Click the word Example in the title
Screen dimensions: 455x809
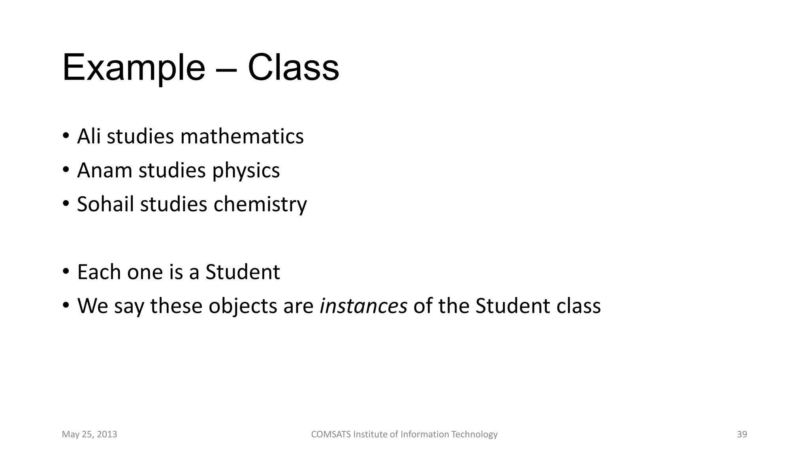(x=134, y=68)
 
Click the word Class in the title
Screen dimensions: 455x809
(x=293, y=68)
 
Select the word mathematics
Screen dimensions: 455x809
(x=242, y=137)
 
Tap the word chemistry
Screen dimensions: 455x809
(x=260, y=205)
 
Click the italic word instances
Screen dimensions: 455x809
(x=363, y=306)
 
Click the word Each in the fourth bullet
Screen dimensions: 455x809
(x=99, y=272)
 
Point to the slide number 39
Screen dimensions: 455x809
(x=742, y=434)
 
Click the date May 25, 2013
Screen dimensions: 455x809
(x=90, y=434)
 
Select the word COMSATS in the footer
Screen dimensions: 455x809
(x=331, y=434)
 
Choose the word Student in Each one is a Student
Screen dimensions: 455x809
(x=243, y=272)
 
